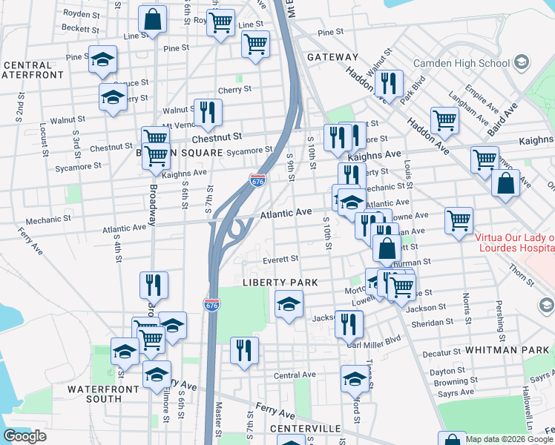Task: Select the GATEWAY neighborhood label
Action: (332, 57)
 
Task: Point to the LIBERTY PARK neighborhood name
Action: (280, 283)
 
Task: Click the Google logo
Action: (24, 435)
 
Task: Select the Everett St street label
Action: (280, 260)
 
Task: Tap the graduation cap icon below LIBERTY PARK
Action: (289, 303)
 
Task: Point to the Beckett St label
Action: (81, 30)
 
